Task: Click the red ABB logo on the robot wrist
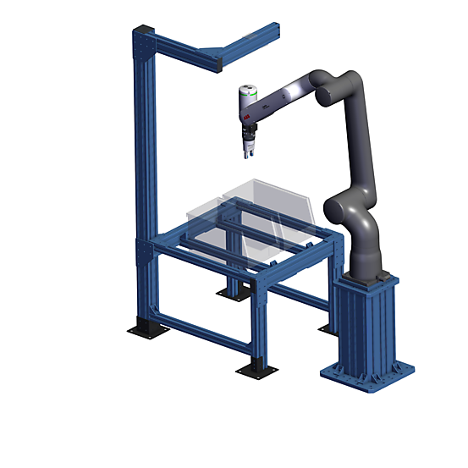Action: (x=246, y=113)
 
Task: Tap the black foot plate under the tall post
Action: (x=145, y=330)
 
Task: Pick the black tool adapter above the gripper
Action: (x=248, y=133)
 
